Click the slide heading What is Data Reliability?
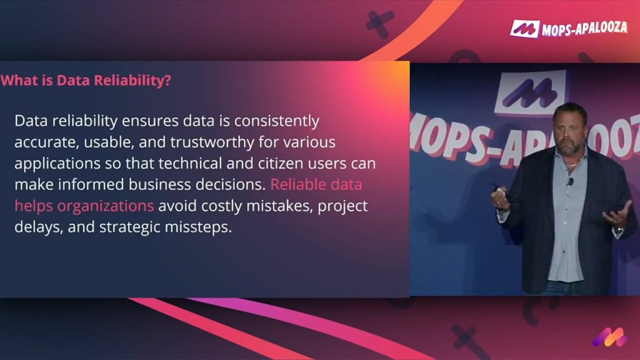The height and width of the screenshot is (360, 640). [86, 81]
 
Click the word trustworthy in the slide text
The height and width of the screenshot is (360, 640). [209, 142]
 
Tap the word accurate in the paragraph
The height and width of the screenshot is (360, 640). [42, 142]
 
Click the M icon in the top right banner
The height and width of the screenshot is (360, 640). [524, 28]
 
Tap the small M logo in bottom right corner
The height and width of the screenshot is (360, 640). [609, 337]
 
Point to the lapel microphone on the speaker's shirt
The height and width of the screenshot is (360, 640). [570, 182]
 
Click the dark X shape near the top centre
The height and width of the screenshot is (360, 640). [379, 24]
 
